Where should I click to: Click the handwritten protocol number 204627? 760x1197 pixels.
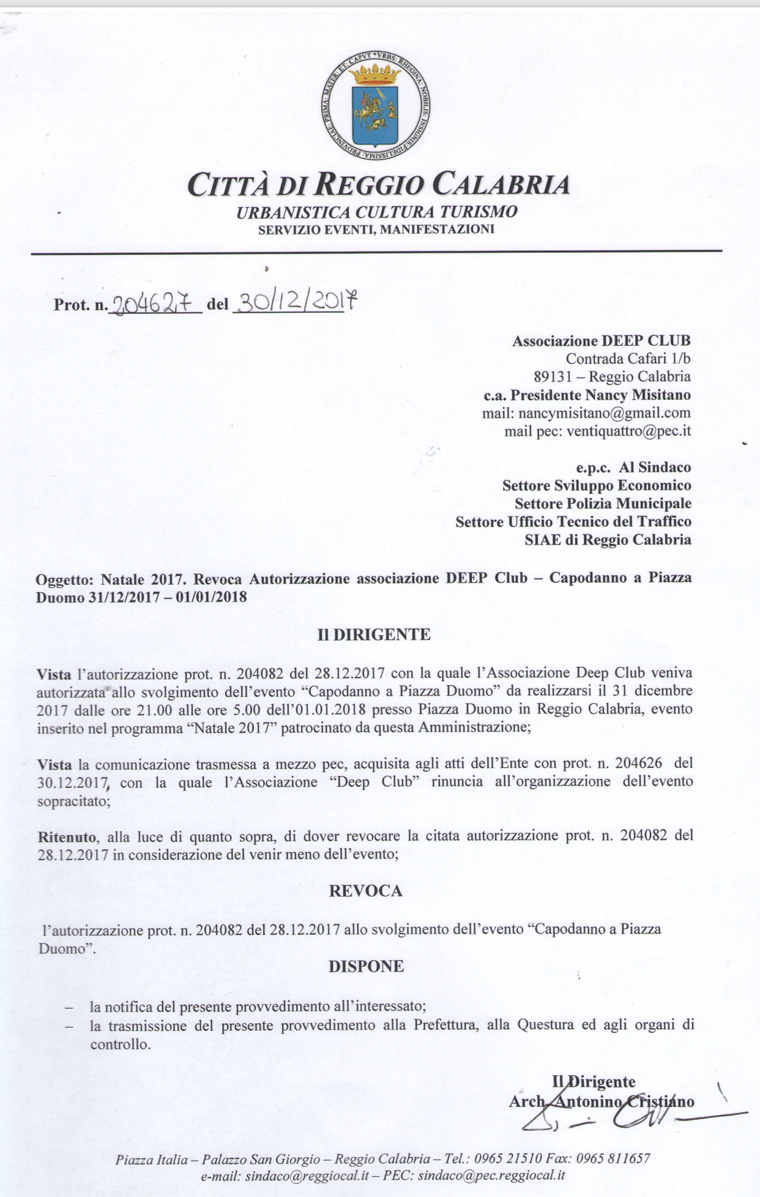tap(154, 302)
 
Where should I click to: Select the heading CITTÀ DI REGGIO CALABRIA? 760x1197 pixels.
tap(379, 185)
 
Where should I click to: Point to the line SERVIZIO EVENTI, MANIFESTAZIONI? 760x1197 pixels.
tap(376, 230)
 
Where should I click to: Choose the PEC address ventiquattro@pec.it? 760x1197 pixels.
tap(628, 431)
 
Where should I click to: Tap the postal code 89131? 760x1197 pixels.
tap(553, 377)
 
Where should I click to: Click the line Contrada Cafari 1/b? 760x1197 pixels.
tap(628, 359)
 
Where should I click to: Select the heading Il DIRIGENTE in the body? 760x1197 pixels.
tap(373, 634)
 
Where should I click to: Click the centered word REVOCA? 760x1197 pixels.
tap(366, 891)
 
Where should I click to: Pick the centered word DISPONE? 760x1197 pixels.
tap(366, 966)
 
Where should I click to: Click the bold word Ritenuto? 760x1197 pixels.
tap(67, 836)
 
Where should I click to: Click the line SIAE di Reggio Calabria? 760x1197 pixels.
tap(608, 540)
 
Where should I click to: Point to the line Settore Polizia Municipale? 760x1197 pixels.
tap(603, 504)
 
